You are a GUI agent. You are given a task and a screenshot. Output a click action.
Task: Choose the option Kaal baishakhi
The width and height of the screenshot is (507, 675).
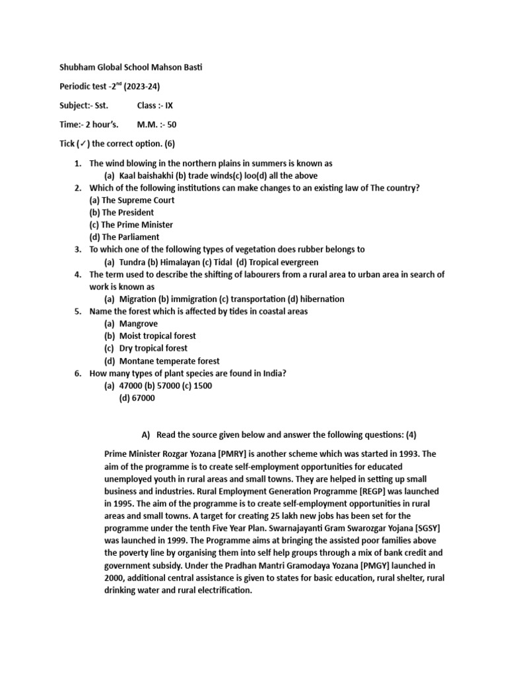(145, 175)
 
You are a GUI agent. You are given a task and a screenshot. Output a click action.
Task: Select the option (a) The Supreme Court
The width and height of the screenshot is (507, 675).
(132, 200)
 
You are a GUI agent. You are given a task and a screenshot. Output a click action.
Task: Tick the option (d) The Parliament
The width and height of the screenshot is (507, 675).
(124, 237)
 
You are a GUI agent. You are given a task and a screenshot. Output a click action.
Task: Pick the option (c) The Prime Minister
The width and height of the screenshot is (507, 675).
(131, 225)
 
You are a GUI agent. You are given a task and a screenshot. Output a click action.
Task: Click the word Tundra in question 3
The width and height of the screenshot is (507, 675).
(132, 262)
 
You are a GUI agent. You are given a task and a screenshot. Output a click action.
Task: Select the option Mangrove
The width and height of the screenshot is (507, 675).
(138, 324)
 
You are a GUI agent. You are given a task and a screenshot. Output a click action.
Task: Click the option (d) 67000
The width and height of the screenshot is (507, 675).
(137, 398)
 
